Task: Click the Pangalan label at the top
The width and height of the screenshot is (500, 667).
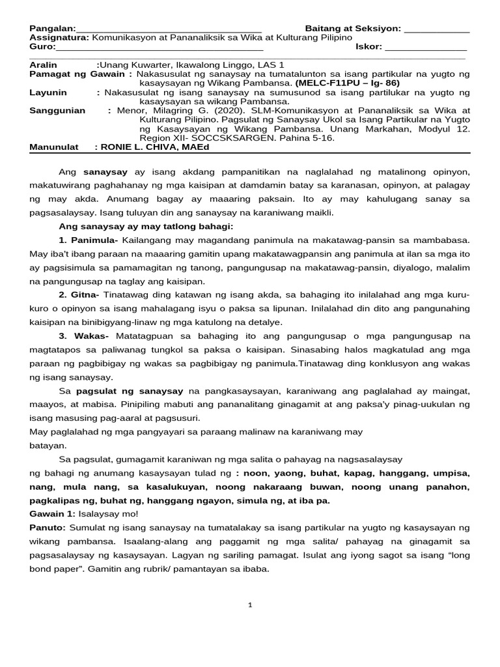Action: (x=52, y=29)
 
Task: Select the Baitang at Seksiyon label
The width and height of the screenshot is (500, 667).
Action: (x=352, y=29)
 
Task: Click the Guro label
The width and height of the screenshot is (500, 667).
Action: (x=42, y=47)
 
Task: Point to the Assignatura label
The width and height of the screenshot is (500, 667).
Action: (x=59, y=38)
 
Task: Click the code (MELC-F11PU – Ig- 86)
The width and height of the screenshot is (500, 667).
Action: (x=347, y=83)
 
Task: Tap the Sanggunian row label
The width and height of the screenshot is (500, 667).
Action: (x=57, y=111)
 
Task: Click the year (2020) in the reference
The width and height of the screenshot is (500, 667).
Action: (x=232, y=111)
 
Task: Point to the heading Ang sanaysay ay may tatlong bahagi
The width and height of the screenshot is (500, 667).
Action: (x=146, y=226)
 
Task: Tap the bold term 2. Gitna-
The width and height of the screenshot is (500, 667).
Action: (x=80, y=295)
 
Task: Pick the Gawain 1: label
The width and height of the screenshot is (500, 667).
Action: (x=52, y=514)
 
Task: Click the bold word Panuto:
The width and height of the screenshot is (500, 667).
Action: (x=48, y=527)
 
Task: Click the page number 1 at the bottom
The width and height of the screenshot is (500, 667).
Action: (x=250, y=605)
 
